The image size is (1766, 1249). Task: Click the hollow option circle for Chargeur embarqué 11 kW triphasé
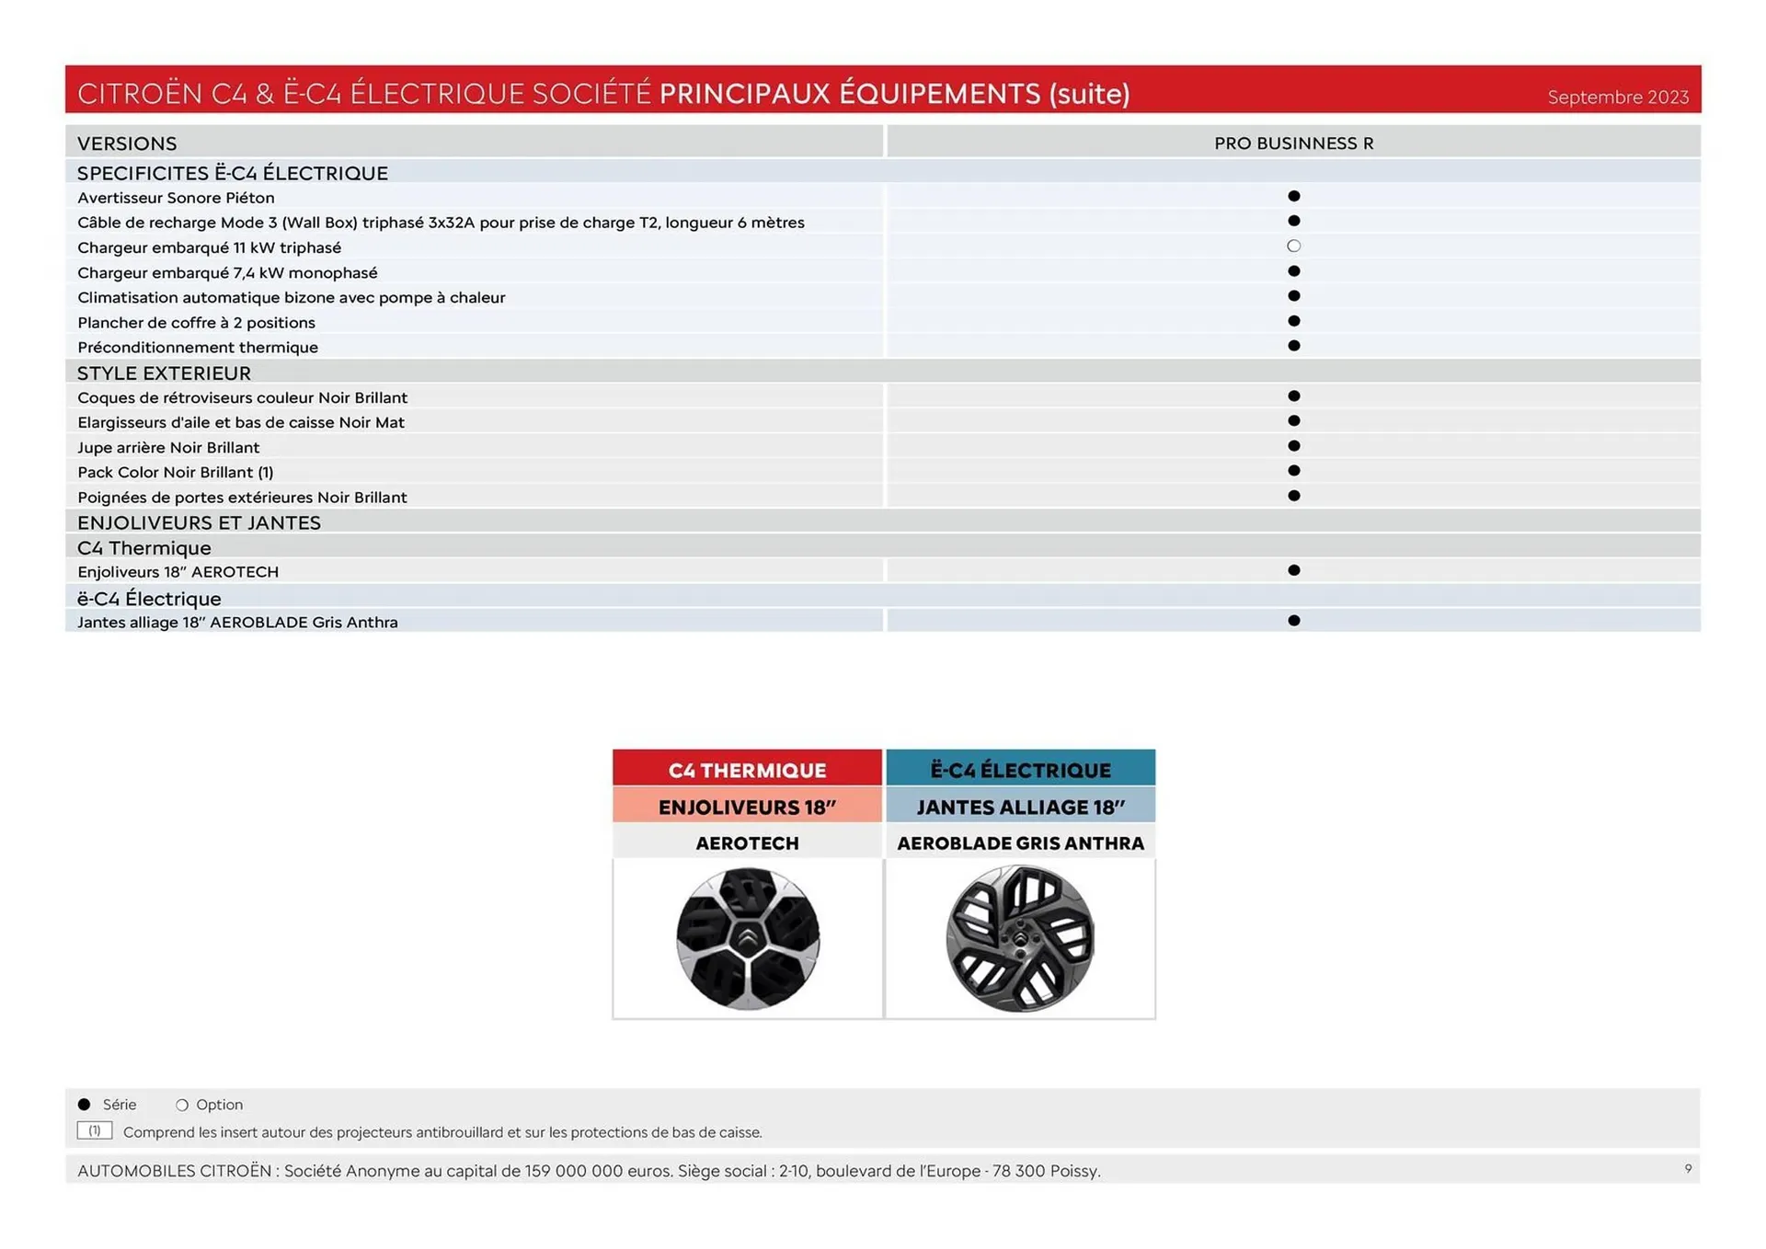coord(1293,246)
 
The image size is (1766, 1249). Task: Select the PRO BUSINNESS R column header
coord(1293,143)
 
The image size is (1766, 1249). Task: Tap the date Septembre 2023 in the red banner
coord(1617,97)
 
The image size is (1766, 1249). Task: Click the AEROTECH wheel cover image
coord(747,938)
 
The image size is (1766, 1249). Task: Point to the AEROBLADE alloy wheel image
coord(1020,938)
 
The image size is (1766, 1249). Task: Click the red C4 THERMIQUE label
coord(747,770)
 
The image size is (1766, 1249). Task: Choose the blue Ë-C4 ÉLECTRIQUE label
coord(1020,770)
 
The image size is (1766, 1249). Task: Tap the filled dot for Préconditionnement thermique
coord(1293,346)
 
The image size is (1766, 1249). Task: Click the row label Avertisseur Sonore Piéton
coord(176,198)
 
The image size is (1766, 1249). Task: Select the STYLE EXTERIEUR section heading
coord(164,373)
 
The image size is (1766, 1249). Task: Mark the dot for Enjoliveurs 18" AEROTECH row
coord(1293,570)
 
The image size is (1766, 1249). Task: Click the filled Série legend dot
coord(85,1105)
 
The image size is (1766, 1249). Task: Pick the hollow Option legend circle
coord(182,1105)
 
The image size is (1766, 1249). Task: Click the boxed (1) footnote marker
coord(95,1131)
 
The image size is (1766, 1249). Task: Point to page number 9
coord(1688,1169)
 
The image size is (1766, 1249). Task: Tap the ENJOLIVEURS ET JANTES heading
coord(199,523)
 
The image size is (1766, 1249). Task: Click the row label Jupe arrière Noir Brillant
coord(168,448)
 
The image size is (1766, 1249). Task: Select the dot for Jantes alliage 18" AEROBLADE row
coord(1293,621)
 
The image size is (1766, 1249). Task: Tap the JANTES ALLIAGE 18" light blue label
coord(1020,807)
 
